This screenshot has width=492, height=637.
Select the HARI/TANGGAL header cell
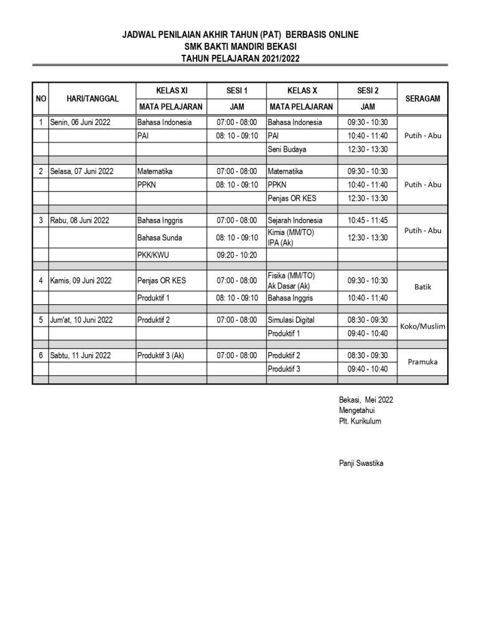coord(91,98)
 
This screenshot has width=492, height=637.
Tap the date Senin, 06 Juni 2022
coord(80,123)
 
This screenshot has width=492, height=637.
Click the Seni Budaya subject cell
coord(287,149)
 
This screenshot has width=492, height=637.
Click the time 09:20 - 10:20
coord(236,254)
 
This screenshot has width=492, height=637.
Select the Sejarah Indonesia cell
coord(295,220)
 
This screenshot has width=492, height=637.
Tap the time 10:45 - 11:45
coord(367,220)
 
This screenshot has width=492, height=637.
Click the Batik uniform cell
coord(422,287)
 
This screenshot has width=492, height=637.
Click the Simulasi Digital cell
coord(291,320)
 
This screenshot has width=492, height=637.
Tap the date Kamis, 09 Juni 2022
coord(81,281)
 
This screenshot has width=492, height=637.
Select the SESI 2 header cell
coord(367,91)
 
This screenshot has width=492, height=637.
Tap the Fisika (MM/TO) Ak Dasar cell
coord(289,281)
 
